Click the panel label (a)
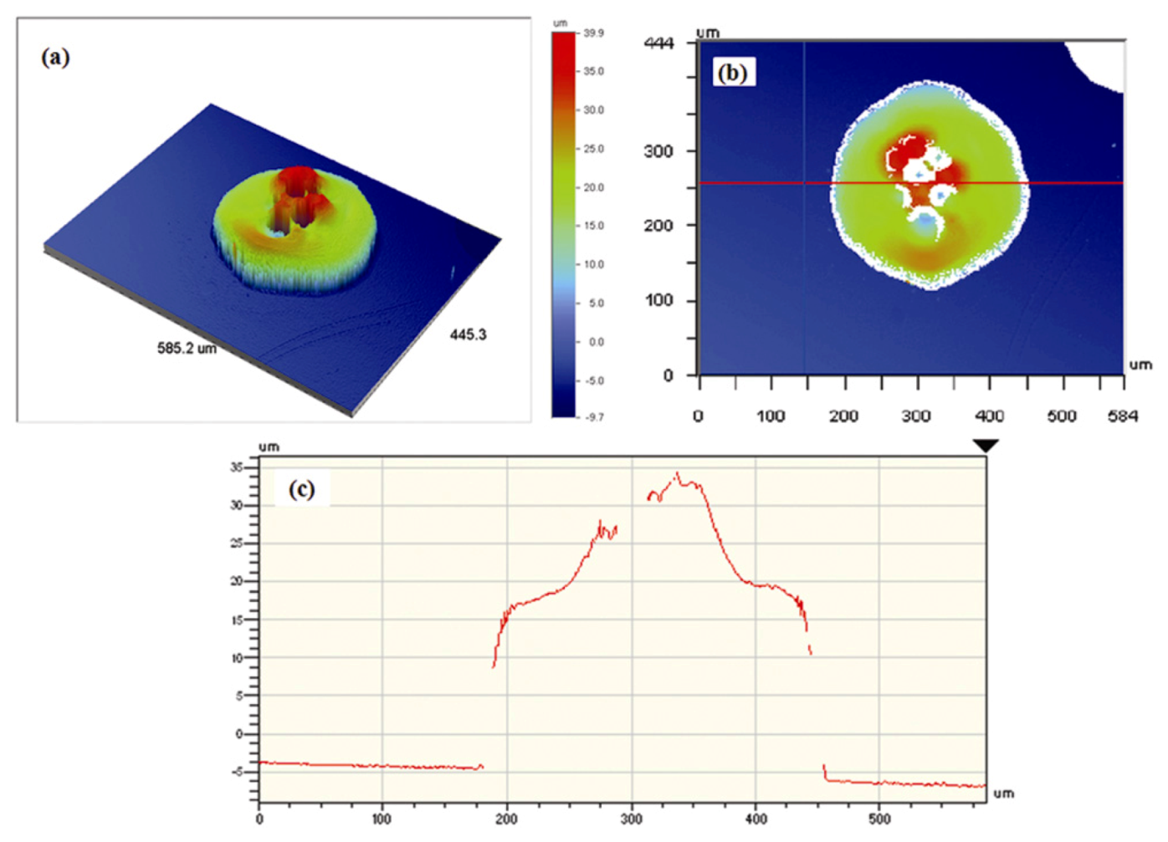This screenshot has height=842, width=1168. pos(55,58)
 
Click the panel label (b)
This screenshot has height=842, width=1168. pos(732,73)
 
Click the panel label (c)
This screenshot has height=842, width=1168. pos(301,489)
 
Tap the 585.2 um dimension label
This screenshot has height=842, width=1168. pos(187,348)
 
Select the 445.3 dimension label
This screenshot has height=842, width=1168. pos(468,334)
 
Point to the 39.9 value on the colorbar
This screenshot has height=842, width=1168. pos(593,33)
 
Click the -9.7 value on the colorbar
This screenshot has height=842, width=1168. pos(593,416)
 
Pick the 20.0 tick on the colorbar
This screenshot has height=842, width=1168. pos(593,187)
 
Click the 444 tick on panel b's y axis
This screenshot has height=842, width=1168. pos(658,43)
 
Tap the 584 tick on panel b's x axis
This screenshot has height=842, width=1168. pos(1122,416)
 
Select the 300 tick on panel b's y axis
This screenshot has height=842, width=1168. pos(658,151)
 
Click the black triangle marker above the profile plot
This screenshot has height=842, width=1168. pos(986,447)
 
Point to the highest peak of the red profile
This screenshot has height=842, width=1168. pos(678,474)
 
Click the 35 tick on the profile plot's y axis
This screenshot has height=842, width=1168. pos(237,467)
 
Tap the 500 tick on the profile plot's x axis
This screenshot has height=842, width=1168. pos(879,819)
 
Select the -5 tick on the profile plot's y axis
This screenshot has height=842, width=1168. pos(237,771)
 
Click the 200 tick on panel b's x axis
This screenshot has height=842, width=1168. pos(843,416)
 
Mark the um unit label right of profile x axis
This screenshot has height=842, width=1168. pos(1003,793)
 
